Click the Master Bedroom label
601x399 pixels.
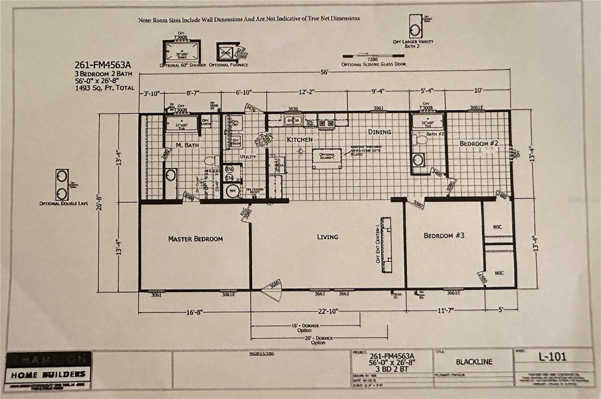click(195, 238)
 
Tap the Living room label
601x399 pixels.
click(327, 237)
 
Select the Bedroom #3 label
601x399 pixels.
click(444, 235)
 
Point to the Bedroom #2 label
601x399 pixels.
click(479, 143)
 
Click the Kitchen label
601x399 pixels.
click(299, 139)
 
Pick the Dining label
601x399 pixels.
click(379, 132)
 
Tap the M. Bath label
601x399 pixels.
click(187, 145)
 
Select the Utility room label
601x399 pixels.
click(248, 156)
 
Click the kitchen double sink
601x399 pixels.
click(293, 121)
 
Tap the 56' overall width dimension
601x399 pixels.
click(324, 72)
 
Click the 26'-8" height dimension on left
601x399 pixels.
click(99, 202)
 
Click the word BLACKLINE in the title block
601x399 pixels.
click(474, 362)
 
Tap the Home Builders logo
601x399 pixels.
click(48, 374)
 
